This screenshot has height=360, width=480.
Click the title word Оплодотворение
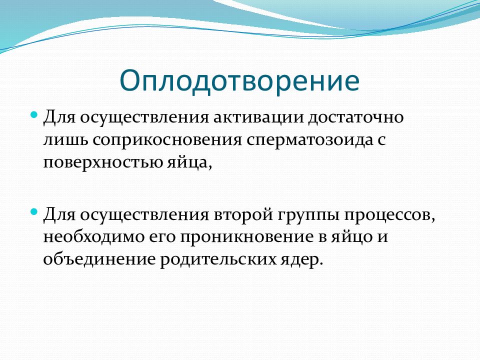(239, 80)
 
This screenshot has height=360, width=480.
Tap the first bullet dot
(34, 115)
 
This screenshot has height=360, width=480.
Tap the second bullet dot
(34, 211)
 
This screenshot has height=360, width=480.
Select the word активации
(259, 117)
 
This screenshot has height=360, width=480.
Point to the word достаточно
(356, 117)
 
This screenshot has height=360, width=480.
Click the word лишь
(66, 139)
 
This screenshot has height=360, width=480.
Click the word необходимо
(93, 236)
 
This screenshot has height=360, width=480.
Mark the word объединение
(99, 259)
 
